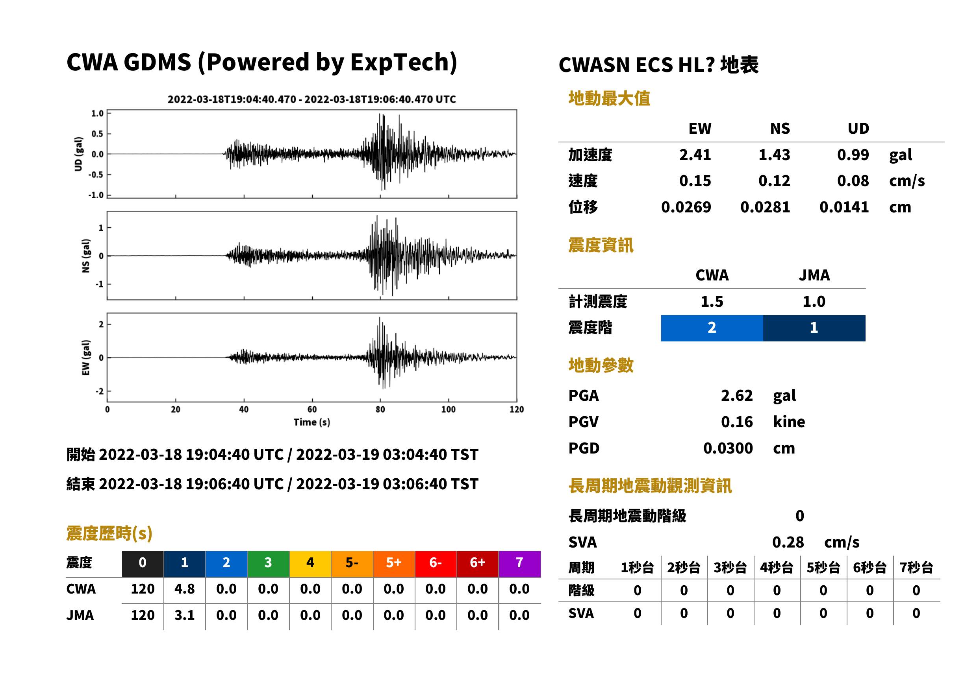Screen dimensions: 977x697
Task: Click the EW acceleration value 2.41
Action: click(695, 155)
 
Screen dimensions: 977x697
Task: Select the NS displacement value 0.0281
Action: click(765, 207)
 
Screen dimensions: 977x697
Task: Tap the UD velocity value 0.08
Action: click(853, 181)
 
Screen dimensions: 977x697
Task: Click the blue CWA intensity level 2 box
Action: click(712, 328)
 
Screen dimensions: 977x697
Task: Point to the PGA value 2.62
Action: click(737, 395)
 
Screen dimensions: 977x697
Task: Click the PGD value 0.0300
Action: click(728, 448)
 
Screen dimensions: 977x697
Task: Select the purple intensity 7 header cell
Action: click(519, 564)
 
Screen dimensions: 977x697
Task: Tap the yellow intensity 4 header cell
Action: click(310, 564)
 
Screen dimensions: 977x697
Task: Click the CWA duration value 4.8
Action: click(184, 589)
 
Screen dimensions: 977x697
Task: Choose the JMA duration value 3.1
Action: click(184, 616)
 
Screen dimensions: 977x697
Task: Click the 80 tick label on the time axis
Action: click(380, 409)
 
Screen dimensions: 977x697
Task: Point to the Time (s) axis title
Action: click(312, 422)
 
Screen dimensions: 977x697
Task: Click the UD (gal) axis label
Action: click(78, 154)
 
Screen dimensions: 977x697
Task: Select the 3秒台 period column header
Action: click(730, 568)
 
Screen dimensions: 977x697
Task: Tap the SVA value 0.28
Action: click(788, 542)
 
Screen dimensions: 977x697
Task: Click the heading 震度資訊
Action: click(601, 245)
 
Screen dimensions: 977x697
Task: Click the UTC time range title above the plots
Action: click(312, 100)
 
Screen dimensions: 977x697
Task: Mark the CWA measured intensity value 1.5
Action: click(712, 302)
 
